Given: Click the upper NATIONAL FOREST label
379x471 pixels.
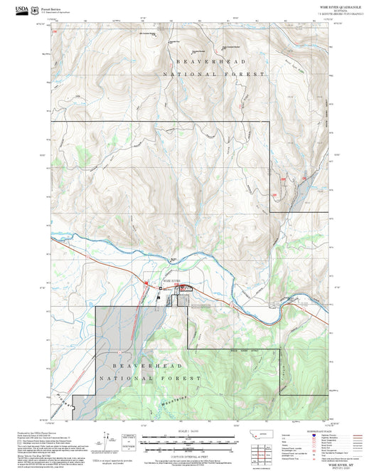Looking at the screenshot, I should click(213, 74).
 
